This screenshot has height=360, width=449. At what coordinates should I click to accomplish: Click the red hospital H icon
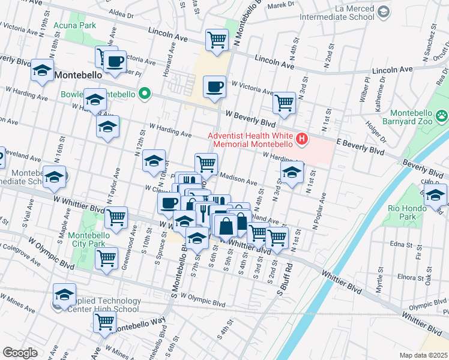(x=302, y=140)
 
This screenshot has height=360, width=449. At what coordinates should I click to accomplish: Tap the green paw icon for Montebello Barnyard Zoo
(x=441, y=115)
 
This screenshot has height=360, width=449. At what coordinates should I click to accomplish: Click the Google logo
(x=20, y=352)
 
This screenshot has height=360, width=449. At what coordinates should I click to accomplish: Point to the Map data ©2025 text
(x=424, y=355)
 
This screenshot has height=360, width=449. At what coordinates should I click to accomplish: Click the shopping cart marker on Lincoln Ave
(x=216, y=40)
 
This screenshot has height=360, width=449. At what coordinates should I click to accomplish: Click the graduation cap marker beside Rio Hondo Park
(x=435, y=195)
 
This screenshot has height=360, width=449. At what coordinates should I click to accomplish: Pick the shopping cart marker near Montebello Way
(x=104, y=322)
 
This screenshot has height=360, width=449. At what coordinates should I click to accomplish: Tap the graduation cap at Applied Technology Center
(x=64, y=294)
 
